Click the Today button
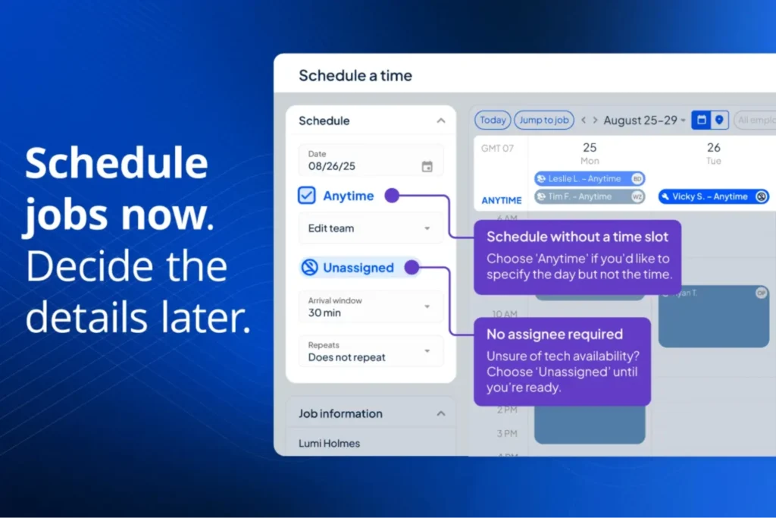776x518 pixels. point(493,120)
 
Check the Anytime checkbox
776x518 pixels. point(307,196)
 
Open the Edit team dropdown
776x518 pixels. point(370,228)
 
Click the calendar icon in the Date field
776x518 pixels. point(427,166)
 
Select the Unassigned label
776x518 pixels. point(358,268)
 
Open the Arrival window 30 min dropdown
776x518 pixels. point(370,306)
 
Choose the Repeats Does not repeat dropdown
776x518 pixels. point(370,351)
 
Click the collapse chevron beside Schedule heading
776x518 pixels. point(440,121)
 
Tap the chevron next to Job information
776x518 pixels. point(440,413)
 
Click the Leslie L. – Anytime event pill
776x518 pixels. point(589,179)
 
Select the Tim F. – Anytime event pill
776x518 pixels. point(589,196)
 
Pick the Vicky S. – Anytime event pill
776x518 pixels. point(713,196)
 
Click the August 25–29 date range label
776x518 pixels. point(643,120)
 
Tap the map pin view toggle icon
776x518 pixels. point(719,120)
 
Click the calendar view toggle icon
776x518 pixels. point(701,120)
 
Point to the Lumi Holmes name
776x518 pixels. point(330,443)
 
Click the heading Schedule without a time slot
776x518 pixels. point(577,237)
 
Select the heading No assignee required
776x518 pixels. point(555,334)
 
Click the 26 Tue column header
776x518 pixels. point(713,152)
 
